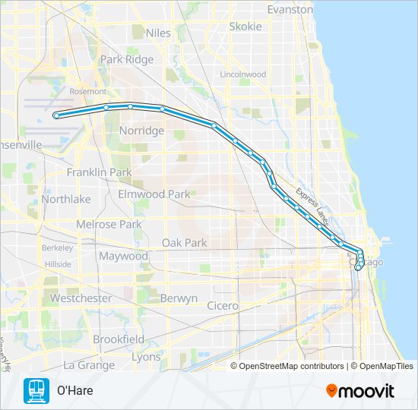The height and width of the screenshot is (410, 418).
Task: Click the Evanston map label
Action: (x=290, y=10)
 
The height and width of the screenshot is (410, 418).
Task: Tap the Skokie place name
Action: (x=245, y=27)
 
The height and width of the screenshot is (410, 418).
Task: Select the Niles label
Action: (x=158, y=33)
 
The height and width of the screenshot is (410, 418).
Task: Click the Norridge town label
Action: (x=141, y=131)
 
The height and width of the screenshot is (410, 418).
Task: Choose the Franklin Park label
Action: (x=99, y=172)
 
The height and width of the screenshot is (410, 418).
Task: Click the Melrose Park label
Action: (x=109, y=225)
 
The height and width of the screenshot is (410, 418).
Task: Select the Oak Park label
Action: (x=184, y=243)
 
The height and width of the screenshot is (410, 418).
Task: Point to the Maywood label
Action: (x=123, y=256)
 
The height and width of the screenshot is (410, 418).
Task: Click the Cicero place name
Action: (x=223, y=306)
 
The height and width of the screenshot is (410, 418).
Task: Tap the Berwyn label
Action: (x=179, y=298)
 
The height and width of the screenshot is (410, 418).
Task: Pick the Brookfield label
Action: (x=118, y=339)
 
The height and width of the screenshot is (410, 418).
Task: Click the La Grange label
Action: (x=88, y=365)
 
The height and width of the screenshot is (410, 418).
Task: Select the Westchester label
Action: (x=81, y=298)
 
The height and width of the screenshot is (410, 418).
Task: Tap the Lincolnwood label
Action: (x=242, y=75)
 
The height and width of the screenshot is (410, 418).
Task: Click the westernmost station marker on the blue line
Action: (x=56, y=115)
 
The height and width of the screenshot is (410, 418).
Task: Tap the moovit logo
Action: (x=359, y=391)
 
